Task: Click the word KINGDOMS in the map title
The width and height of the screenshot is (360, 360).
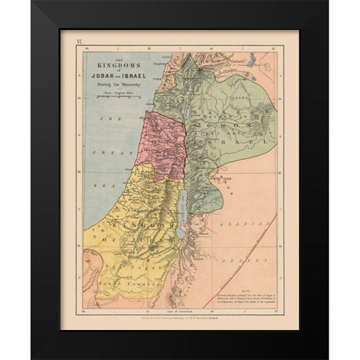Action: [x=113, y=66]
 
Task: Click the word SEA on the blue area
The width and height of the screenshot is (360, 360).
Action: [x=97, y=183]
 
